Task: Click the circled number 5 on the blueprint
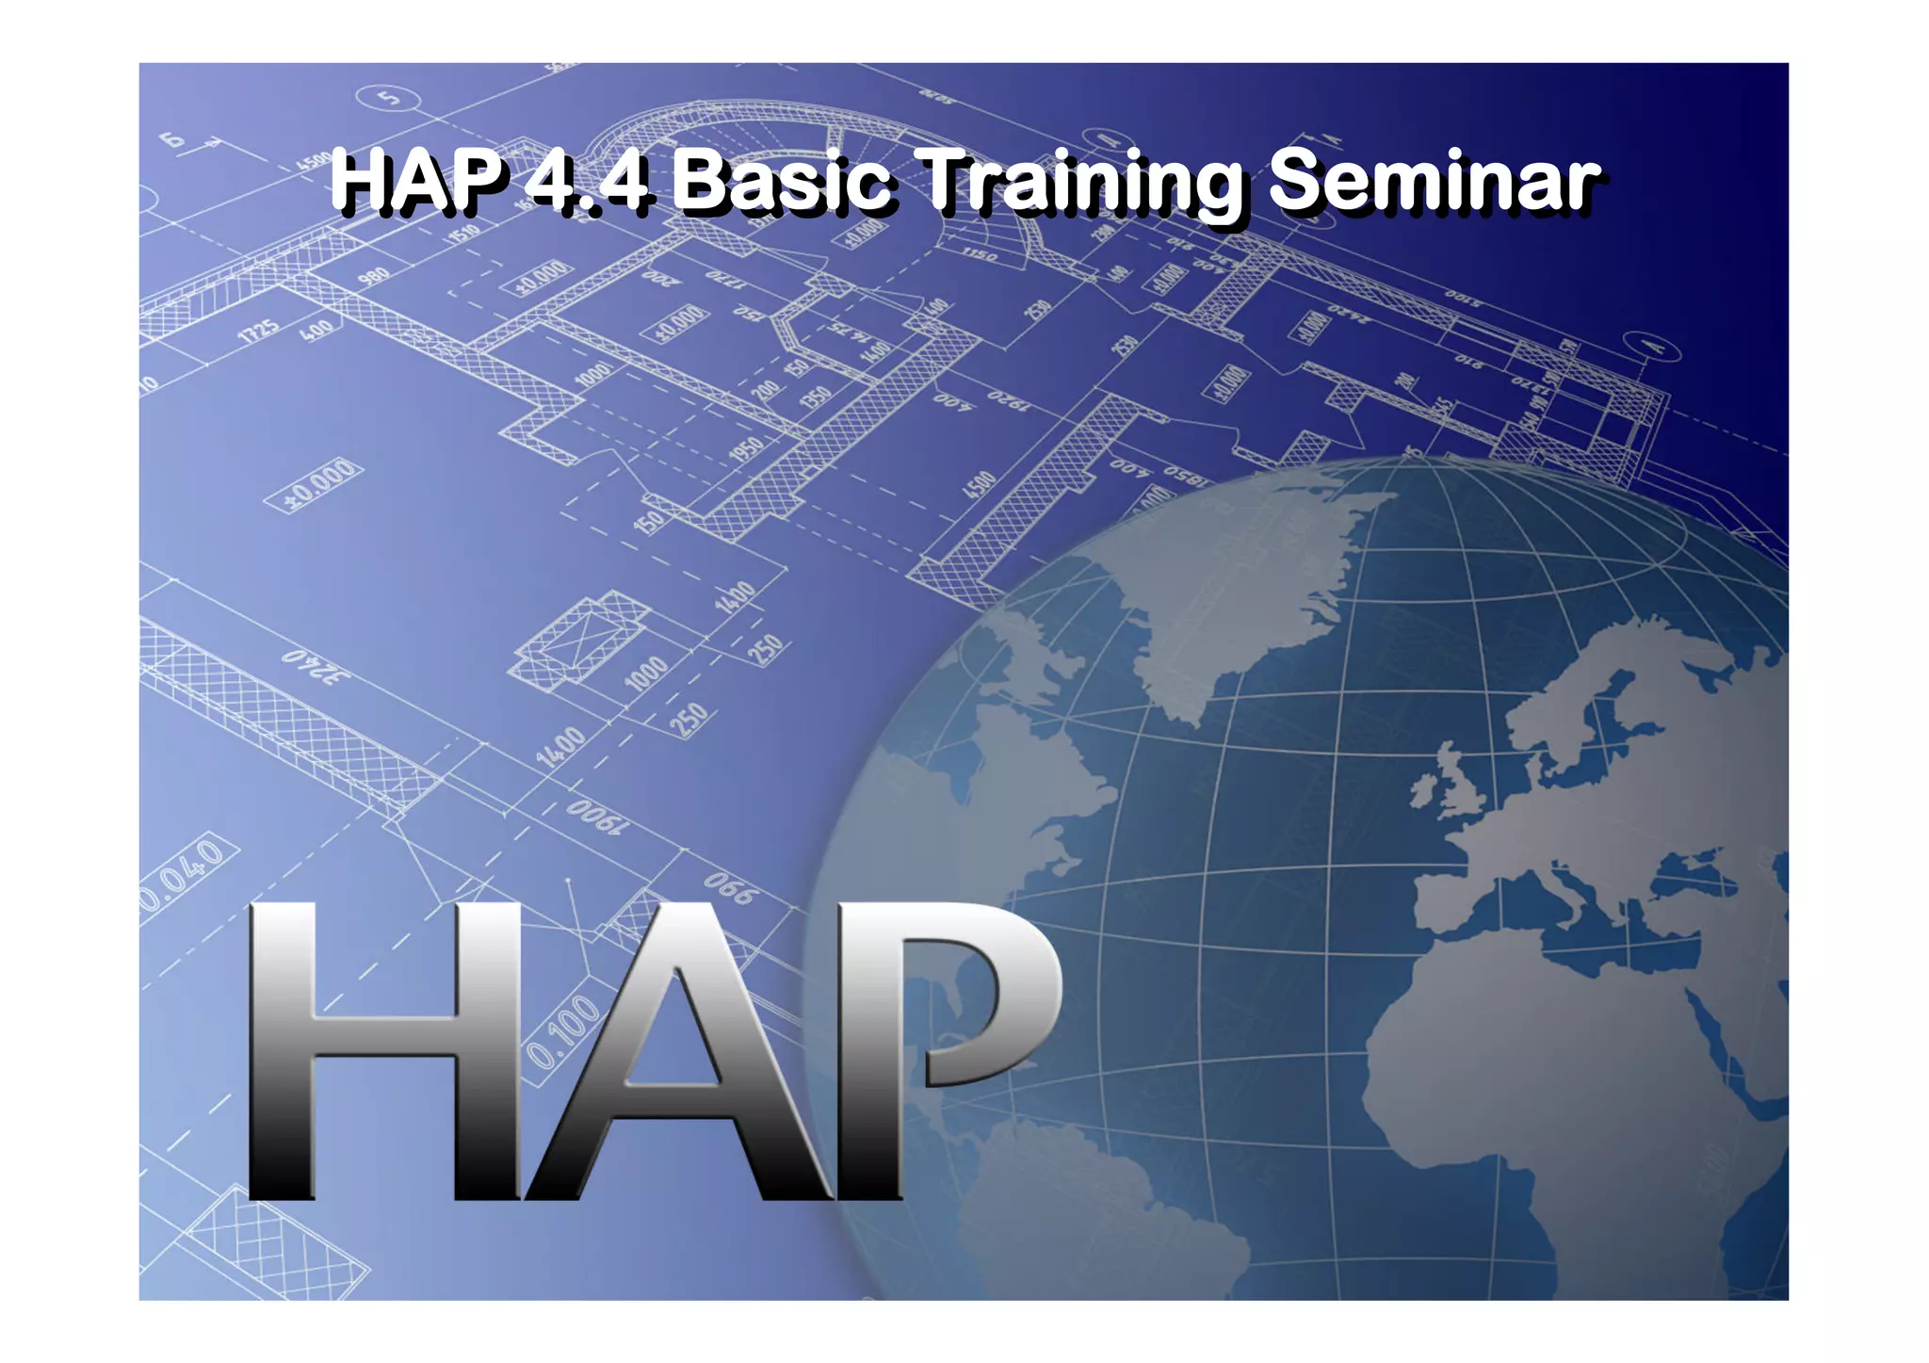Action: click(x=389, y=97)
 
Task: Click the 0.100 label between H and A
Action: click(x=562, y=1031)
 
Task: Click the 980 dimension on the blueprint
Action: click(x=373, y=277)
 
